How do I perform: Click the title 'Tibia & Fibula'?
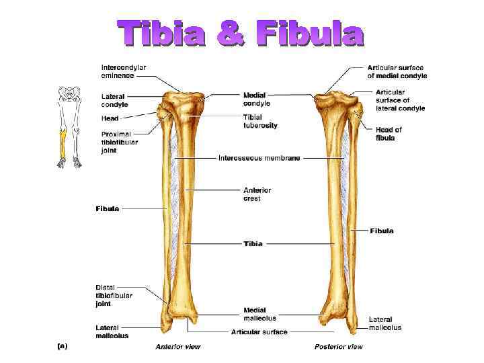coord(240,34)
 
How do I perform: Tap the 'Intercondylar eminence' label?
coord(124,71)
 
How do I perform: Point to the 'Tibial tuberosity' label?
coord(260,121)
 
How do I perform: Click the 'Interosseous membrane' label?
coord(259,158)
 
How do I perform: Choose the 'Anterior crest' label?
coord(257,194)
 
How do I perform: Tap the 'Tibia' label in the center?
coord(253,243)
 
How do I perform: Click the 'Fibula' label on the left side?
coord(108,209)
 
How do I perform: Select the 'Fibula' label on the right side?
coord(382,231)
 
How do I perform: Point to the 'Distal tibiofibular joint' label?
coord(114,295)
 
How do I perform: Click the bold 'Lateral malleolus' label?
coord(112,331)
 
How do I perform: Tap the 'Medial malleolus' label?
coord(259,314)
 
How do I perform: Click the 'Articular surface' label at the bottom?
coord(259,332)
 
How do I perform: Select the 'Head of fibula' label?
coord(389,134)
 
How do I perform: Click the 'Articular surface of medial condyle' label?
coord(397,71)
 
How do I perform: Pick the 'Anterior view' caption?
coord(177,347)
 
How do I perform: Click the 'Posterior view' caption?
coord(338,347)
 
